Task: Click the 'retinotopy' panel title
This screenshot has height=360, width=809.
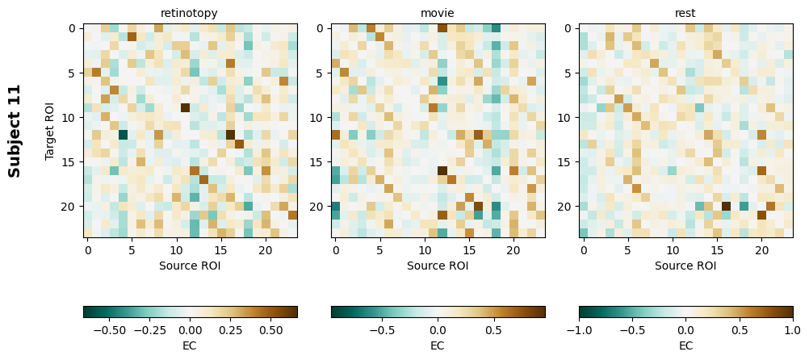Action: pyautogui.click(x=189, y=13)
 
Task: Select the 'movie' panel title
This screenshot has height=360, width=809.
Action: pyautogui.click(x=438, y=13)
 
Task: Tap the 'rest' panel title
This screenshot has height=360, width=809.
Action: pyautogui.click(x=685, y=13)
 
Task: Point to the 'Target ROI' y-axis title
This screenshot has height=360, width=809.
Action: pyautogui.click(x=50, y=131)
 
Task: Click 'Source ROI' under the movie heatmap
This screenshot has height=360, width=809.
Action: pyautogui.click(x=438, y=265)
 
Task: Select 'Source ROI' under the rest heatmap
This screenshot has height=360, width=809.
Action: pyautogui.click(x=685, y=265)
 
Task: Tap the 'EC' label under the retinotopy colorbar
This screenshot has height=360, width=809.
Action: pyautogui.click(x=190, y=345)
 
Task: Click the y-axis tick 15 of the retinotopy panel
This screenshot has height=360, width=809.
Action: pyautogui.click(x=73, y=161)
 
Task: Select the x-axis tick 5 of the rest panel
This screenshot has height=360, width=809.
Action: pyautogui.click(x=628, y=251)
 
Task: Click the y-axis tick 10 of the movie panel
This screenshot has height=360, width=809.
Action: pyautogui.click(x=321, y=117)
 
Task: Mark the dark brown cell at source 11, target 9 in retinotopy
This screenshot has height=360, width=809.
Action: pyautogui.click(x=186, y=107)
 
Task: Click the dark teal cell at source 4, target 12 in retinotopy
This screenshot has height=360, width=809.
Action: pyautogui.click(x=123, y=135)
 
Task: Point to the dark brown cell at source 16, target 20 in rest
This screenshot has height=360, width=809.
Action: pyautogui.click(x=726, y=206)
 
